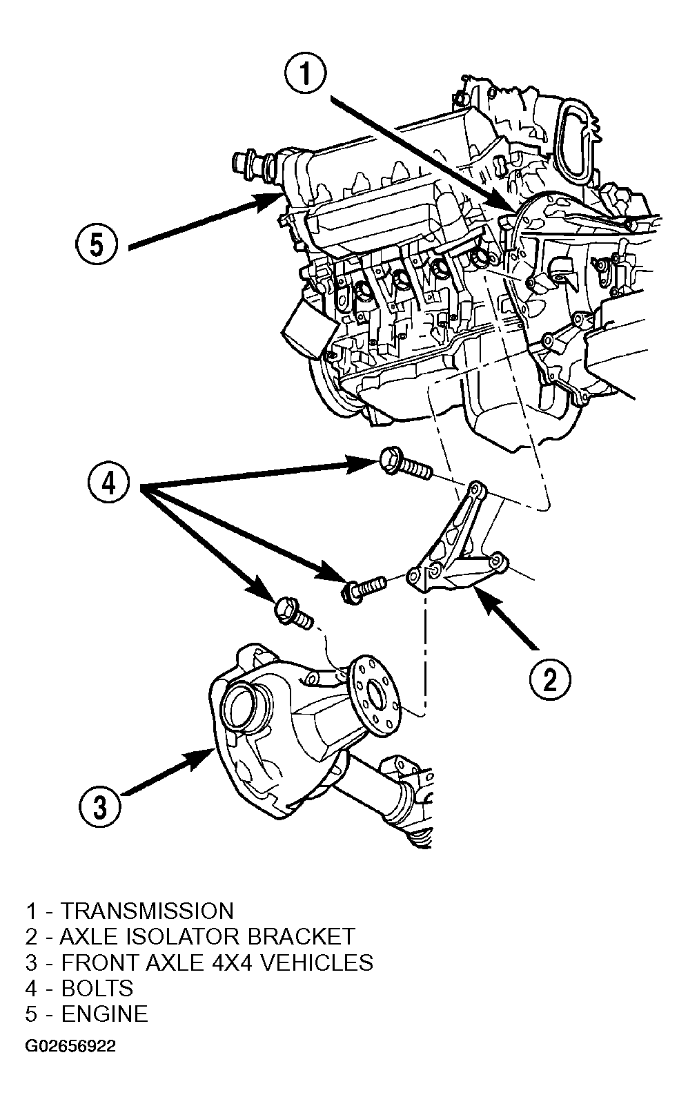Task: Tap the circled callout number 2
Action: click(549, 679)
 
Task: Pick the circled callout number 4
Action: click(108, 481)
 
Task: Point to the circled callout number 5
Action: click(97, 245)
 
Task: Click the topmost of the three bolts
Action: click(405, 462)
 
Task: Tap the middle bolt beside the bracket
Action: click(364, 588)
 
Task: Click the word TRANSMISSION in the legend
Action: click(147, 911)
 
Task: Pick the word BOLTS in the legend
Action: click(97, 988)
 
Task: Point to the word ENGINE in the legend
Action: click(104, 1014)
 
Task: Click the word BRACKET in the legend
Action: click(301, 936)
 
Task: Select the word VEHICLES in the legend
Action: click(316, 962)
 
